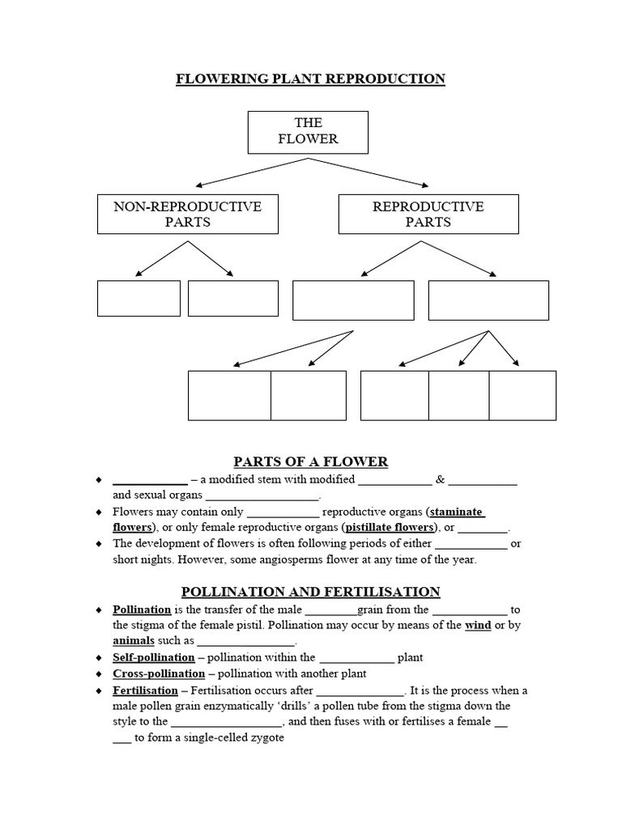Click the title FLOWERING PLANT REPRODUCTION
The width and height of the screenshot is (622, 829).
311,79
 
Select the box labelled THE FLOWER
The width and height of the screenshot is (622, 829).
308,131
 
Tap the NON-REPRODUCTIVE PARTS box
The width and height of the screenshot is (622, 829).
187,215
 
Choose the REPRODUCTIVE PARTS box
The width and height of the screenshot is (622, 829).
428,215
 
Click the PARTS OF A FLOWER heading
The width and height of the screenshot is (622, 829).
311,462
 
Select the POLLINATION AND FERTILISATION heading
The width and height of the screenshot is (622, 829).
311,592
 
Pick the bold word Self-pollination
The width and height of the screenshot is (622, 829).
154,657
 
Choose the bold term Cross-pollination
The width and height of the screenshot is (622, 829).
159,674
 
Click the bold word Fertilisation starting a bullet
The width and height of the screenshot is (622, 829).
145,691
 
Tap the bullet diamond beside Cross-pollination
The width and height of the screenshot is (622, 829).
99,674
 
